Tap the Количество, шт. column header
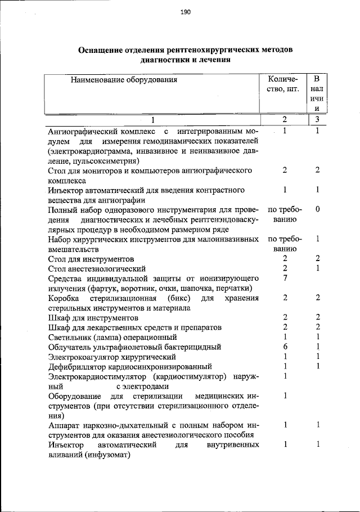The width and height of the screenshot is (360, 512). [285, 84]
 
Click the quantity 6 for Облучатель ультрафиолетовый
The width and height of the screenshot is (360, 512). [285, 347]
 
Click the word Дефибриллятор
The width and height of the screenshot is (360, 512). [76, 366]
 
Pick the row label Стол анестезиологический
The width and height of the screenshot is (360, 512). [97, 268]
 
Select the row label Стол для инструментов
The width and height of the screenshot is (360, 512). [91, 259]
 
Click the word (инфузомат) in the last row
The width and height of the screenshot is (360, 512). [107, 456]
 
